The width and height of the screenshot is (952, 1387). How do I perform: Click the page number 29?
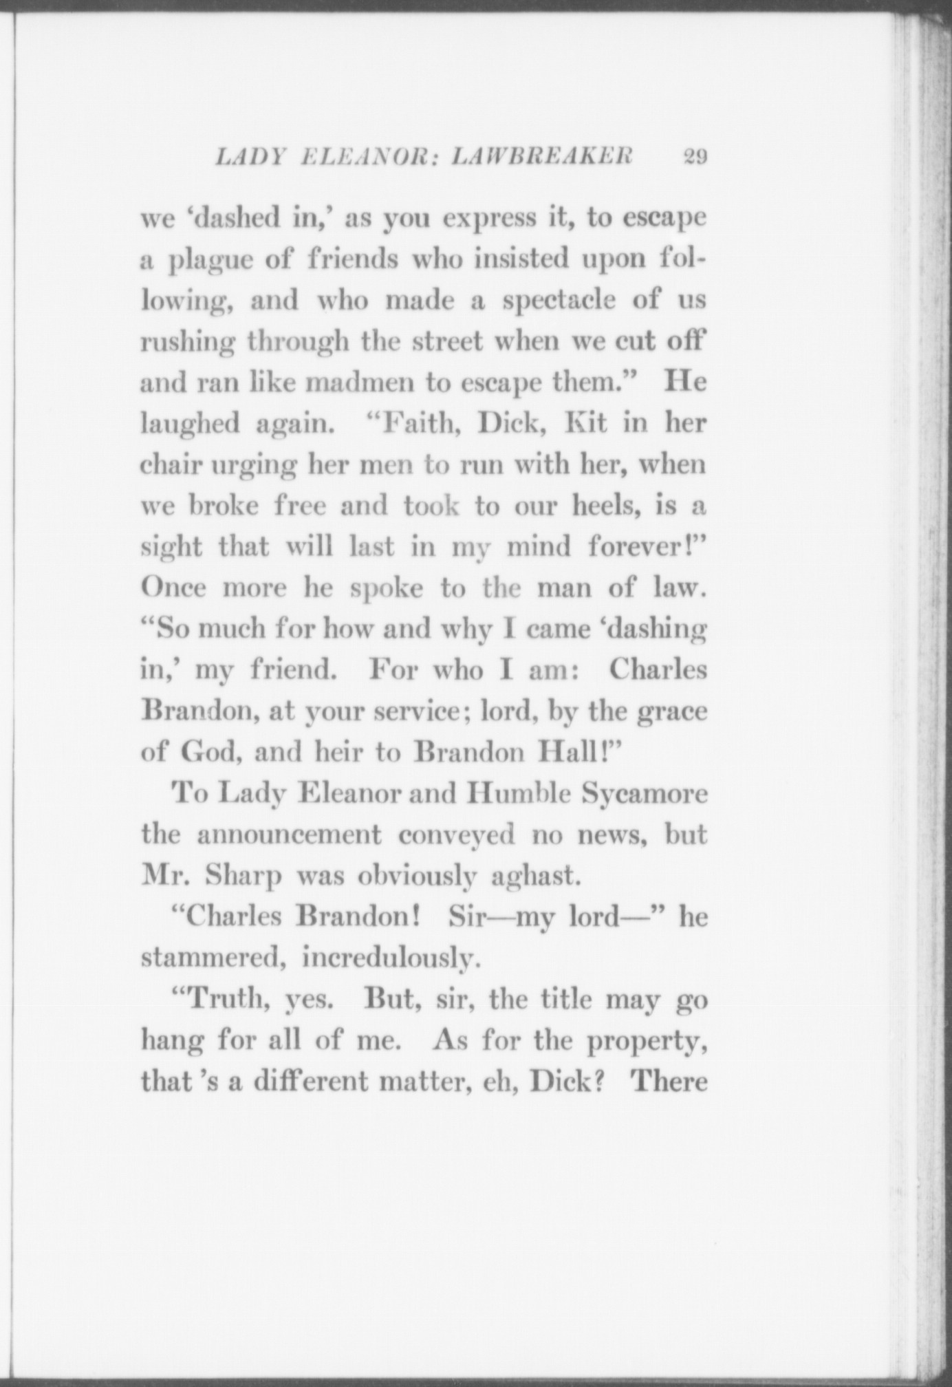point(695,157)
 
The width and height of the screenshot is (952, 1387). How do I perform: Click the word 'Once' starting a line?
point(174,588)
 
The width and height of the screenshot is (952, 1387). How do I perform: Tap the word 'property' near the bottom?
point(645,1040)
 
